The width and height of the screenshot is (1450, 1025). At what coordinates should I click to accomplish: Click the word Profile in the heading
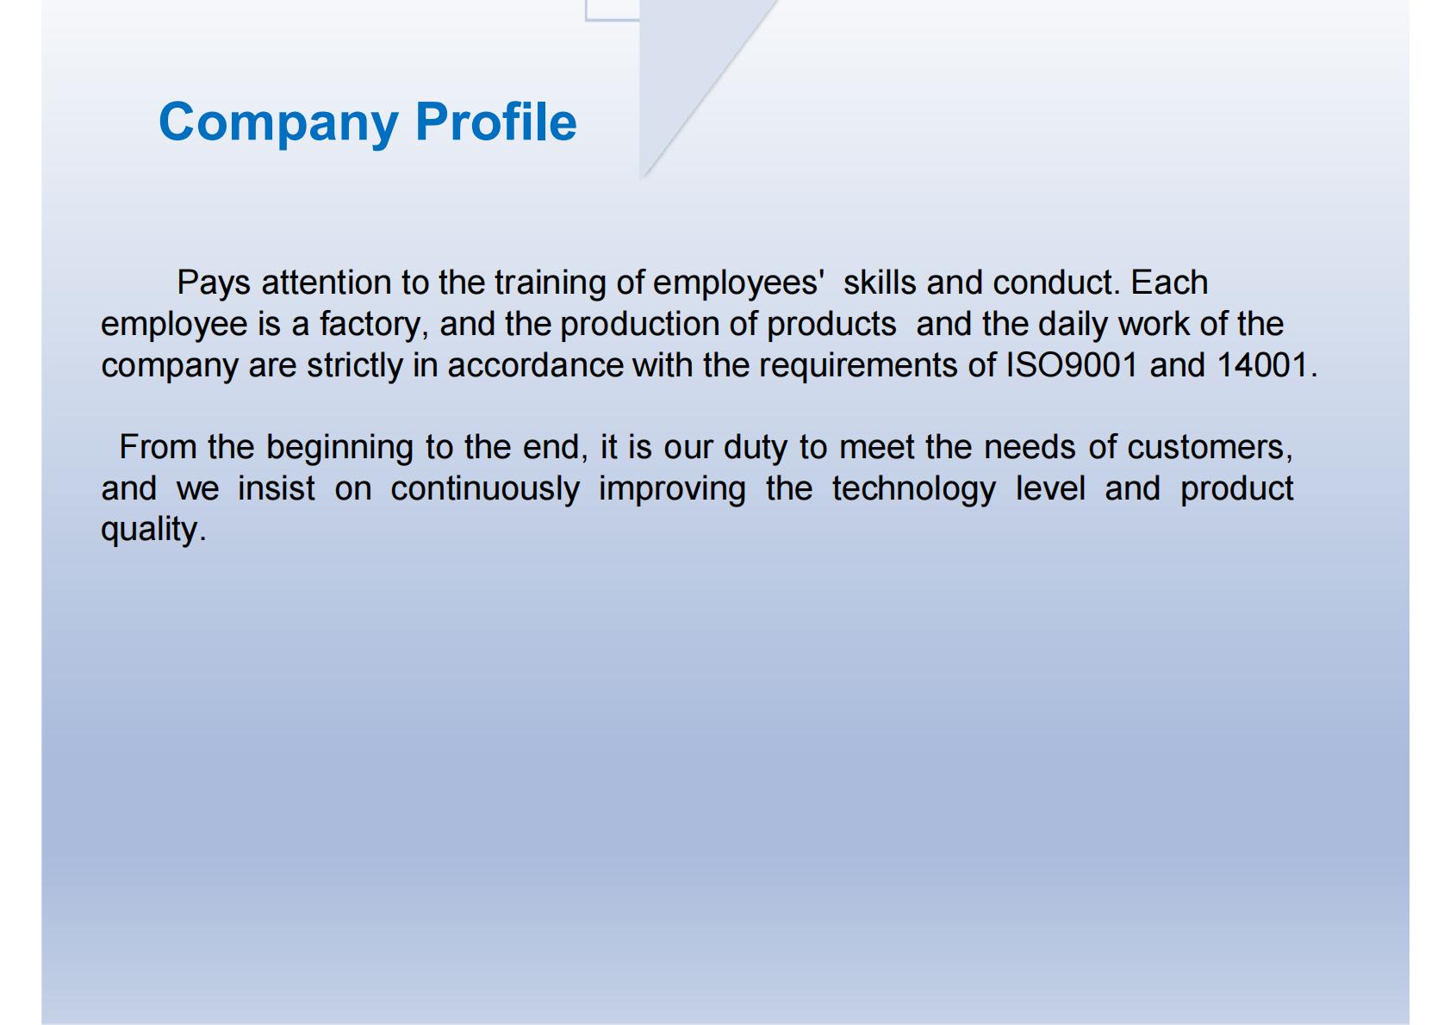[495, 121]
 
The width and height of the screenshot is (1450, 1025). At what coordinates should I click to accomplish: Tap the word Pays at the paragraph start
[214, 283]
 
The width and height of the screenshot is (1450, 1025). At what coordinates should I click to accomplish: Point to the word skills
[880, 283]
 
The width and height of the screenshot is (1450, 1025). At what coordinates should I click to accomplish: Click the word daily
[1073, 325]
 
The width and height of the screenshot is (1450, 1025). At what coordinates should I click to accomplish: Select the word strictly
[355, 366]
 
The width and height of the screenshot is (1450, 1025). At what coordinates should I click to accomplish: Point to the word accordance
[536, 366]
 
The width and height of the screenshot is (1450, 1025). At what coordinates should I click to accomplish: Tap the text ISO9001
[1072, 365]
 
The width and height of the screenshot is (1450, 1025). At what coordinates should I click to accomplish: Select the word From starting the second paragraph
[158, 448]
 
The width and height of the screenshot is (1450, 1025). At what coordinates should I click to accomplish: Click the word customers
[1209, 448]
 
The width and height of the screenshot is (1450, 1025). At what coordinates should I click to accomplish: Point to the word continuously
[485, 489]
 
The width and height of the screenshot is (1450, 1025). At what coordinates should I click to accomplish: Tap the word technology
[913, 489]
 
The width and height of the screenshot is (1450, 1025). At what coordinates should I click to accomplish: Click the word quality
[153, 530]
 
